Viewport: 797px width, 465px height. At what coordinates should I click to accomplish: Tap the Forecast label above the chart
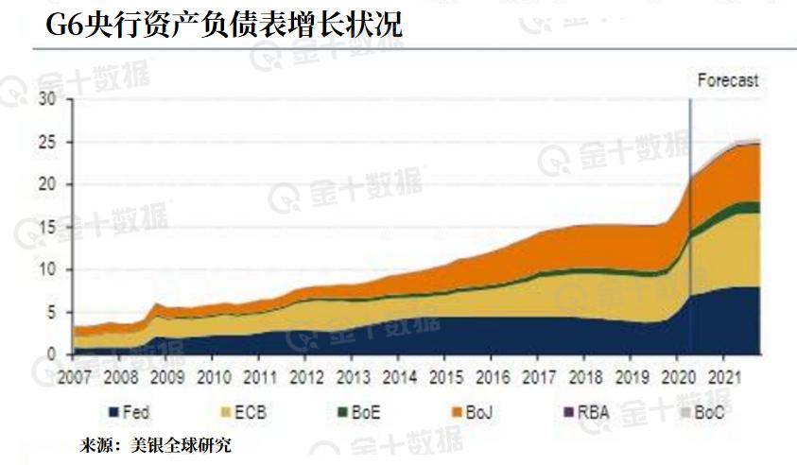click(x=728, y=80)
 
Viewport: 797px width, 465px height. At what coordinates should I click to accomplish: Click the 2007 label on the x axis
click(x=75, y=376)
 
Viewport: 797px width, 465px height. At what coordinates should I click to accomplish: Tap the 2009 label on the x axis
click(x=167, y=376)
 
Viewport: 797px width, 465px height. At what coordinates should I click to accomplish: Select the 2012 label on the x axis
click(x=306, y=376)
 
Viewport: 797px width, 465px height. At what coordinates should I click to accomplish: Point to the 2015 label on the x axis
click(x=445, y=376)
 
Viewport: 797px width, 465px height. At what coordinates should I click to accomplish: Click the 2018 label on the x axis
click(x=584, y=376)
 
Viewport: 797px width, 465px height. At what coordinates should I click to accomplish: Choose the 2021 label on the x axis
click(x=723, y=376)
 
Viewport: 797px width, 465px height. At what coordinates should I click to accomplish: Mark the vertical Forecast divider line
click(x=689, y=227)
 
